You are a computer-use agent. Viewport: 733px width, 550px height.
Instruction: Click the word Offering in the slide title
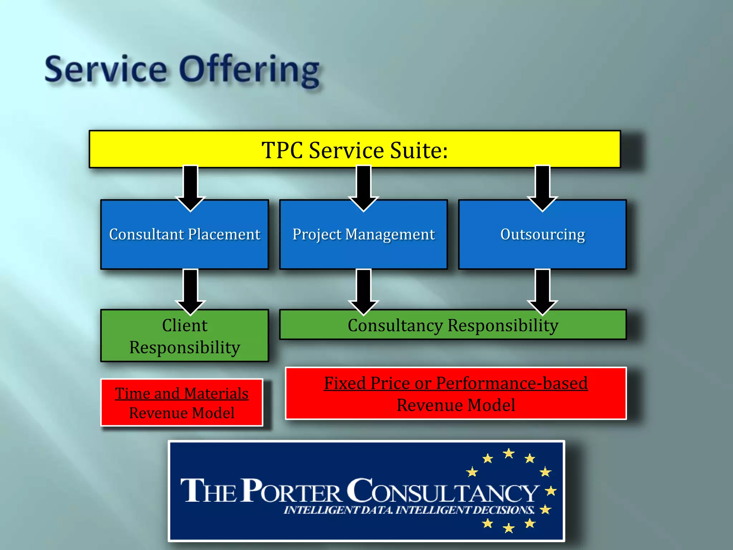pos(249,70)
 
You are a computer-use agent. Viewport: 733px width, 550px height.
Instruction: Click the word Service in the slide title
pos(106,70)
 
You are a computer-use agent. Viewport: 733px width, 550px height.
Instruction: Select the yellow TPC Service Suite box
pos(354,149)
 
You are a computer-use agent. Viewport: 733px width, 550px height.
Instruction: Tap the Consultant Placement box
pos(184,235)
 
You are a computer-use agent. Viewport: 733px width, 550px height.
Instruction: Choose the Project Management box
pos(363,235)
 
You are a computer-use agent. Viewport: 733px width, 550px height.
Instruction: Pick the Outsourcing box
pos(542,235)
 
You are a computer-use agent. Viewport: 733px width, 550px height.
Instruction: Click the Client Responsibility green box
pos(184,336)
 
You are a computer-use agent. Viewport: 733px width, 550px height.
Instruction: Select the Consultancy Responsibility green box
pos(453,325)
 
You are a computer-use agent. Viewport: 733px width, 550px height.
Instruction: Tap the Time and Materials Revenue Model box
pos(182,402)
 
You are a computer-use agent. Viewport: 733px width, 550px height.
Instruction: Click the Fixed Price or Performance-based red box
pos(456,394)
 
